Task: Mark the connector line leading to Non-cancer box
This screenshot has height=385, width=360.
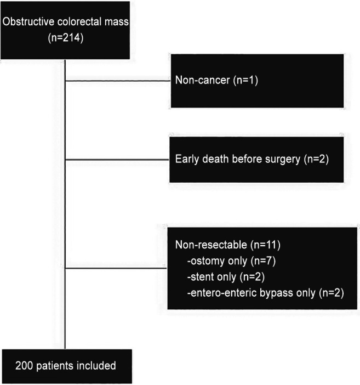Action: click(118, 81)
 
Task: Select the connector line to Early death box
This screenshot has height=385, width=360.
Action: click(118, 160)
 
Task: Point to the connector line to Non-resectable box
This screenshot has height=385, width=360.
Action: click(115, 268)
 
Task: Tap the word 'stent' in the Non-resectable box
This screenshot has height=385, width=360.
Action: click(201, 276)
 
